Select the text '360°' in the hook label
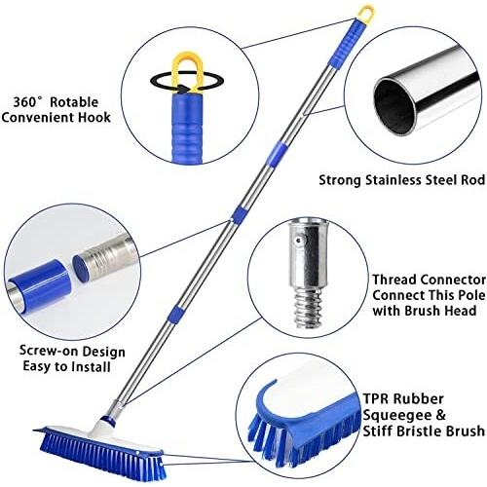click(x=27, y=102)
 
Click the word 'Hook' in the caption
click(x=94, y=117)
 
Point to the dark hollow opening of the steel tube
click(x=394, y=106)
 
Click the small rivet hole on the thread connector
click(x=297, y=241)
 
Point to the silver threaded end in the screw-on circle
click(x=104, y=260)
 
